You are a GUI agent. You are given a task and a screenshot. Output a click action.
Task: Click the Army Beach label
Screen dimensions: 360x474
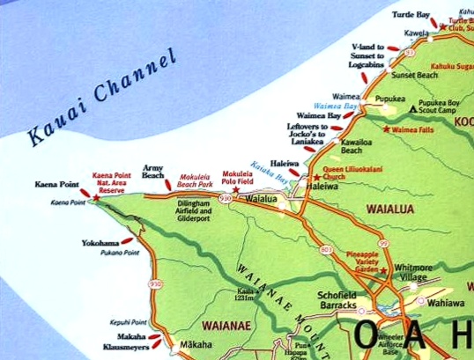[x=154, y=173]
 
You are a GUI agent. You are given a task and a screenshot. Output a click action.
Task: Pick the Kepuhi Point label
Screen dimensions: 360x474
[x=126, y=323]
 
